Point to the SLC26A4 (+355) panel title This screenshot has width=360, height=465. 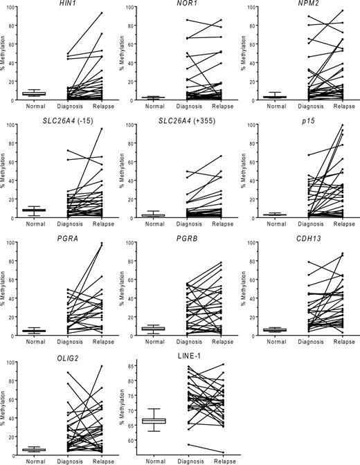[183, 122]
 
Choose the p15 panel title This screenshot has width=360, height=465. [300, 122]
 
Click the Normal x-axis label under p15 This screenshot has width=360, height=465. [267, 225]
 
